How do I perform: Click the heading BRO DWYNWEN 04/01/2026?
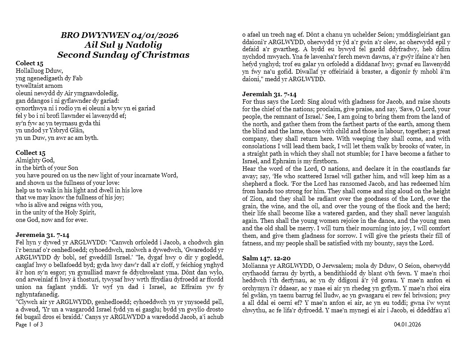pos(120,35)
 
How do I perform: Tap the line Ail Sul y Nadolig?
pos(123,45)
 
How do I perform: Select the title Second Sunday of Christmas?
pos(123,55)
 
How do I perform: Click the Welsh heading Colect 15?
pos(30,63)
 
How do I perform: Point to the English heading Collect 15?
pos(30,153)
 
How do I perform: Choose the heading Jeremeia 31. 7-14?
pos(42,235)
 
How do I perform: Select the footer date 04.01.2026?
pos(407,325)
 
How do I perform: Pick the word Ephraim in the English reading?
pos(286,161)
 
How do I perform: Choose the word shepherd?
pos(256,184)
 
